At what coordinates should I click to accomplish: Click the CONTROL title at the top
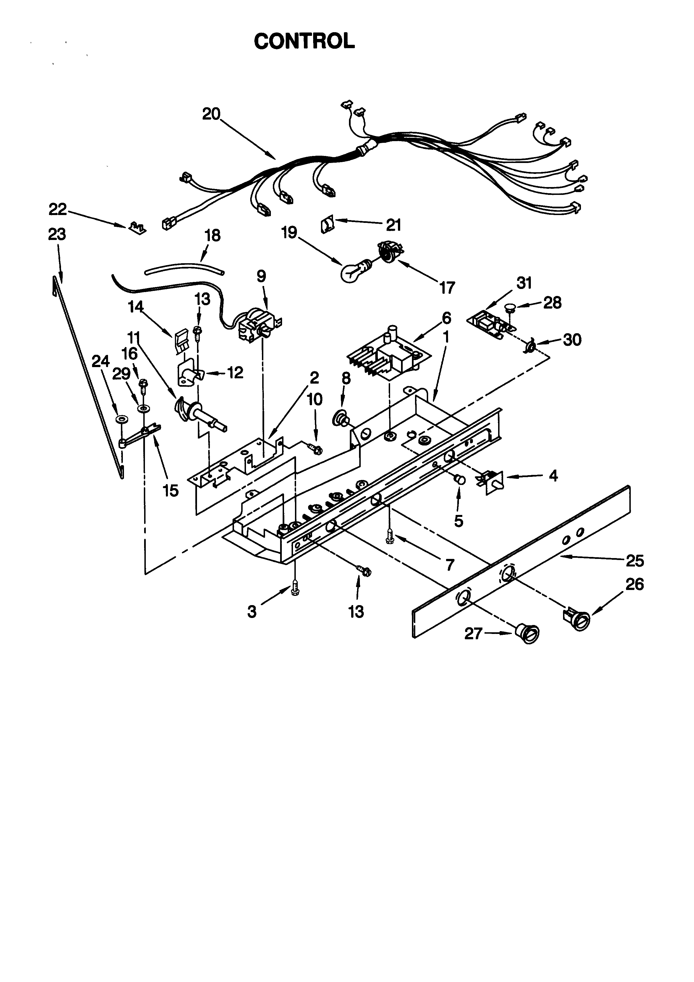304,41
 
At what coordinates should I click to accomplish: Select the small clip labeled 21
327,225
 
